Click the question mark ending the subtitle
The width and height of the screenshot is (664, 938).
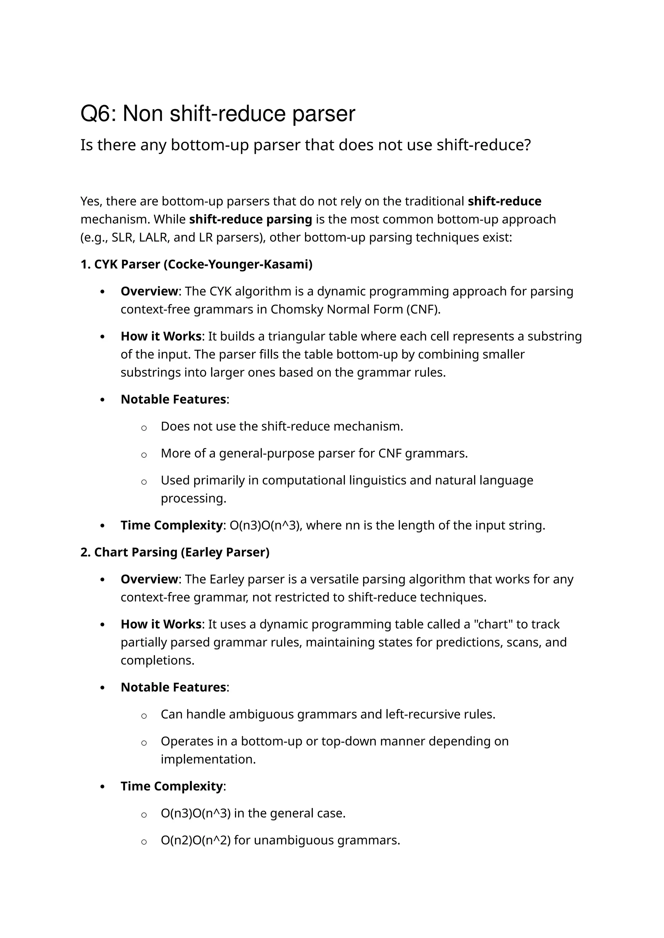[x=527, y=145]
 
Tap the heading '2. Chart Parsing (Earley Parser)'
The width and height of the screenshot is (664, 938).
[x=175, y=552]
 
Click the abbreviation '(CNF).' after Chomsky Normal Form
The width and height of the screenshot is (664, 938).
[x=423, y=310]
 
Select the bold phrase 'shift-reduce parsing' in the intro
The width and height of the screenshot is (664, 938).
[x=250, y=219]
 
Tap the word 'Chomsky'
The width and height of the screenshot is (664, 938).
[x=296, y=310]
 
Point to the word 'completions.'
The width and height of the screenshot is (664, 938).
[x=158, y=660]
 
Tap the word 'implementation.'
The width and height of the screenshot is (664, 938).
[x=208, y=759]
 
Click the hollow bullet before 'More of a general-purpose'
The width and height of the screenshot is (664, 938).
[x=144, y=455]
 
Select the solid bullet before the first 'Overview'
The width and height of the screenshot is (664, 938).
[x=103, y=292]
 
